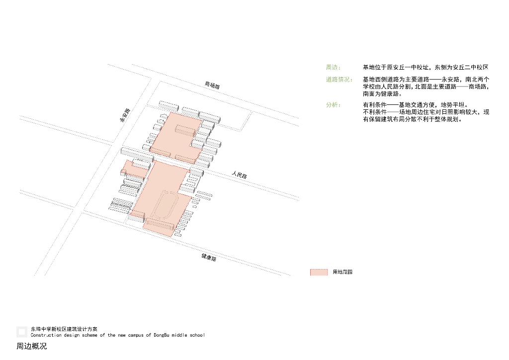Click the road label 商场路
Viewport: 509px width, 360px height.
coord(212,86)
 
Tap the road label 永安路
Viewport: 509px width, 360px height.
coord(124,115)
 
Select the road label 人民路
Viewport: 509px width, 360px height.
coord(239,175)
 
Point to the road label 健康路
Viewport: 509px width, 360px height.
coord(209,258)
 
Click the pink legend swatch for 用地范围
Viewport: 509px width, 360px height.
coord(319,272)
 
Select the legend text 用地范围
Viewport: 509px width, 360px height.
coord(342,272)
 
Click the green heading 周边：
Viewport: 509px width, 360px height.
coord(333,67)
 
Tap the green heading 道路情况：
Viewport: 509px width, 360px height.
coord(339,80)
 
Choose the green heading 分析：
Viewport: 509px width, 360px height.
coord(333,105)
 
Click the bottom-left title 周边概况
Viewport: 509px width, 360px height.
coord(31,346)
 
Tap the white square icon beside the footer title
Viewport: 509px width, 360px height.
coord(21,332)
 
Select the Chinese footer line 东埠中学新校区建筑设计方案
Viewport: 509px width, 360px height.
coord(64,329)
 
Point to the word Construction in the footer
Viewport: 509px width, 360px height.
coord(45,335)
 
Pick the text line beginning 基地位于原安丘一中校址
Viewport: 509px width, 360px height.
coord(425,67)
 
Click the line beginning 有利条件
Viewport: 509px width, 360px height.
coord(415,105)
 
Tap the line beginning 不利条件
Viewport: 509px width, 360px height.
coord(425,112)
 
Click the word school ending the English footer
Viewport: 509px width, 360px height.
coord(195,335)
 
